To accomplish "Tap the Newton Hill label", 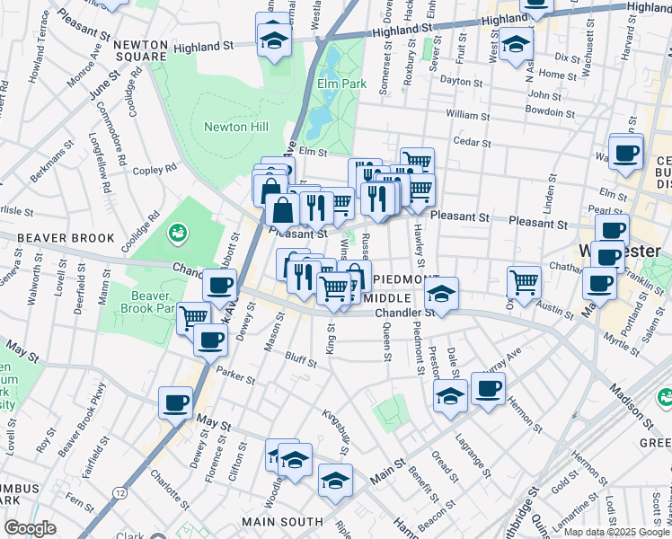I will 236,127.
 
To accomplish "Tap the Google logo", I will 30,528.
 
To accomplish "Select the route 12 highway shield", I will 119,492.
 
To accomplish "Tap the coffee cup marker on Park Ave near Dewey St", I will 219,287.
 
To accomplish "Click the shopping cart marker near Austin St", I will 524,281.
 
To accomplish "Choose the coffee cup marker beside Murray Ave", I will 488,388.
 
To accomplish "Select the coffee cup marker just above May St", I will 175,402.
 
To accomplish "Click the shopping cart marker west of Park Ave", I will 193,317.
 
